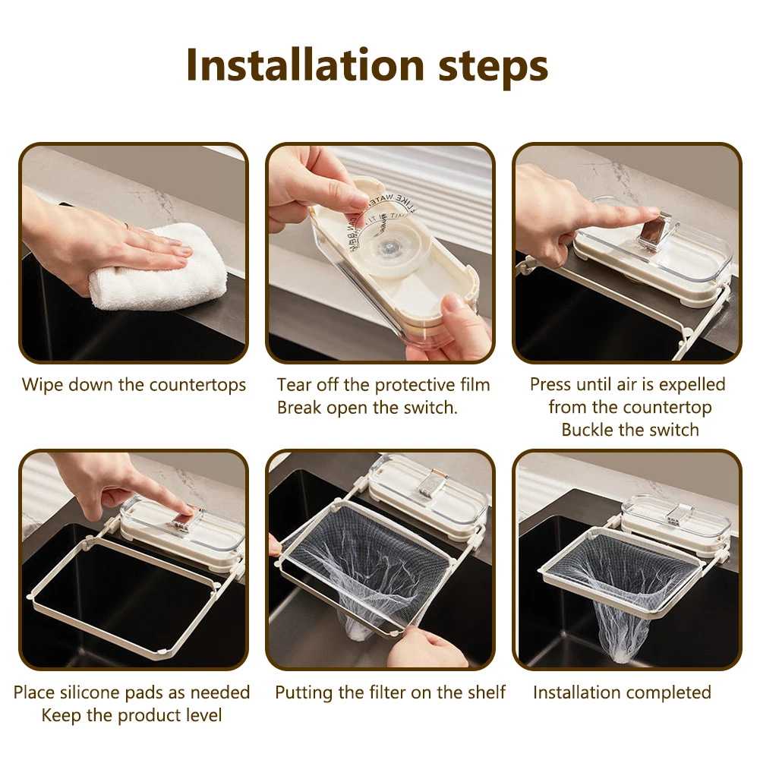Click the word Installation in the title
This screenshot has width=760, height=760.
[305, 65]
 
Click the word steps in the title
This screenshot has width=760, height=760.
[494, 67]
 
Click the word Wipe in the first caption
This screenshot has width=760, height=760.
[43, 385]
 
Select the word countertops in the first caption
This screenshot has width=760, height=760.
[197, 386]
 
